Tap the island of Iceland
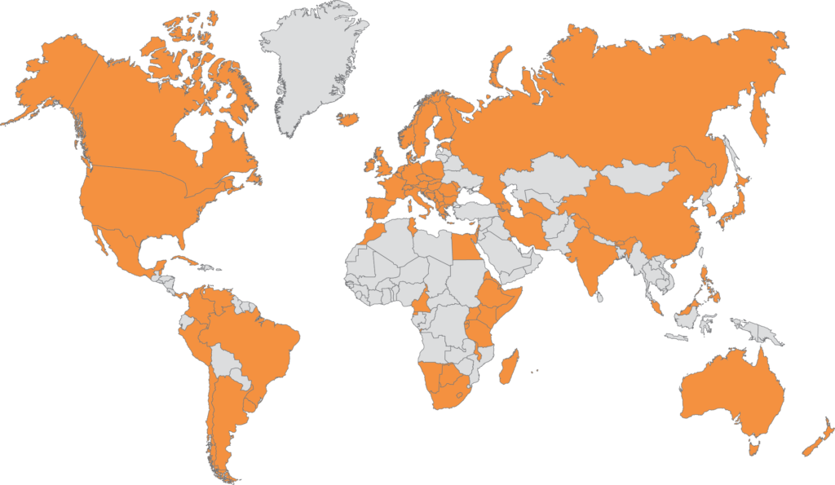click(x=349, y=119)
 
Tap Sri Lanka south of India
click(x=600, y=296)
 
